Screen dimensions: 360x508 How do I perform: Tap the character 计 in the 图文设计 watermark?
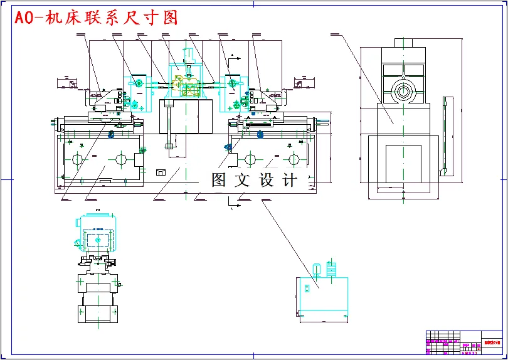(290, 180)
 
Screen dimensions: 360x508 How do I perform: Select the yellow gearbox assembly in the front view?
(189, 86)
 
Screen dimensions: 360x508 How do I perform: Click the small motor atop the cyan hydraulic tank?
(318, 270)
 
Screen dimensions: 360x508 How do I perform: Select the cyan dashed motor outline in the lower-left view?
(96, 234)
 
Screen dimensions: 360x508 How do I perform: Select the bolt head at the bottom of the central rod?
(169, 147)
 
